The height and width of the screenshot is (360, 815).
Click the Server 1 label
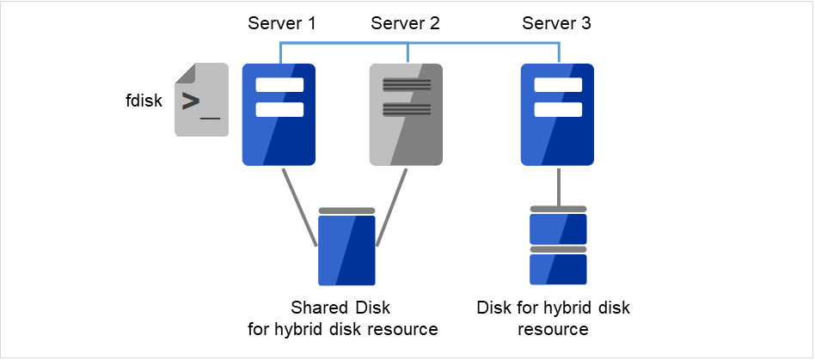pos(282,23)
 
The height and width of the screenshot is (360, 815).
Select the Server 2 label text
pos(405,23)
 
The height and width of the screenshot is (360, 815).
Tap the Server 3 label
pos(556,23)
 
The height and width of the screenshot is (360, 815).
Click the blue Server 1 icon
pos(279,114)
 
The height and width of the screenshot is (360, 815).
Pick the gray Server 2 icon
pos(407,114)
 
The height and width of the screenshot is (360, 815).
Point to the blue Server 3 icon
pos(558,114)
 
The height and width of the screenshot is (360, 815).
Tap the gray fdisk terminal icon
pos(202,100)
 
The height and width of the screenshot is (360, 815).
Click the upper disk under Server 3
pos(558,228)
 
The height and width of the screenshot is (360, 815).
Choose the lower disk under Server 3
pos(558,268)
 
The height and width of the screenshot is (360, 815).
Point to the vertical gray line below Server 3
pos(559,186)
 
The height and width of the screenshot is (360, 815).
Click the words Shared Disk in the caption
pos(340,308)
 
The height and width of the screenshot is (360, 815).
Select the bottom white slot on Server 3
pos(558,109)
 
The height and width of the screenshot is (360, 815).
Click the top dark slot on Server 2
pos(407,85)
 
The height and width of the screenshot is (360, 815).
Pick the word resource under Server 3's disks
pos(558,329)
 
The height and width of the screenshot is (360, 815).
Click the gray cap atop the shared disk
pos(346,211)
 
